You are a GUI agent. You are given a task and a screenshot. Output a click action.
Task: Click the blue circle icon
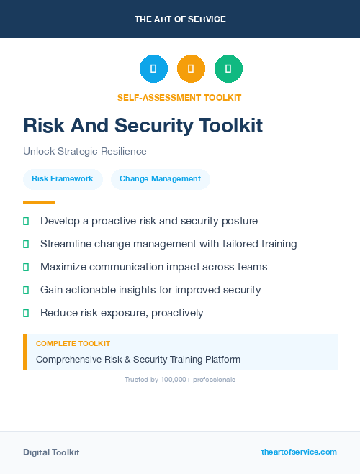coord(153,69)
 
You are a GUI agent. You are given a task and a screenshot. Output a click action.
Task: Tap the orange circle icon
coord(191,69)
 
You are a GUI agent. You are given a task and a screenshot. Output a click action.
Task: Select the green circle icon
coord(228,69)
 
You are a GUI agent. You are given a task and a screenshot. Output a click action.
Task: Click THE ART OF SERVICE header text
coord(179,19)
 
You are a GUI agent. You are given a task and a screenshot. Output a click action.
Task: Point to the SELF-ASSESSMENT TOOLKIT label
coord(179,97)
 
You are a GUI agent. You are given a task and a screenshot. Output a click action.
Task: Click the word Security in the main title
coord(162,125)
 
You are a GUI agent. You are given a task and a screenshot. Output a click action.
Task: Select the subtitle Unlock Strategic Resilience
coord(85,151)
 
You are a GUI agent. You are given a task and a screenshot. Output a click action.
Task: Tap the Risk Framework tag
coord(63,178)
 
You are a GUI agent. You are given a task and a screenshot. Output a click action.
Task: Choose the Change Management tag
coord(160,178)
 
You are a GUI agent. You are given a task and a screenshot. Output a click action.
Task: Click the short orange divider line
coord(39,202)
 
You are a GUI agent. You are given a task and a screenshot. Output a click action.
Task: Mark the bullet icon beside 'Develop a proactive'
coord(26,221)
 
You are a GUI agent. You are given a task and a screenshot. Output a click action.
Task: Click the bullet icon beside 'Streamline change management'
coord(26,244)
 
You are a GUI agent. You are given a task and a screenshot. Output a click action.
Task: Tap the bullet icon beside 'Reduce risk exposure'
coord(26,313)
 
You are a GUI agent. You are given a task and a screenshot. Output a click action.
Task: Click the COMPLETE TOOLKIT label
coord(73,344)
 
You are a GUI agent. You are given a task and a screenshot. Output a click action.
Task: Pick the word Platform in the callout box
coord(221,359)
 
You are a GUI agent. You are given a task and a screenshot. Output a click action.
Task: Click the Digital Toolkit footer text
coord(51,452)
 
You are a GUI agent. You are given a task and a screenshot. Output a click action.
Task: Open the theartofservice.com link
coord(299,452)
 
